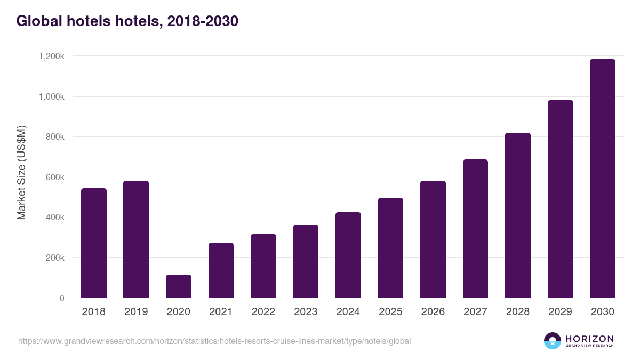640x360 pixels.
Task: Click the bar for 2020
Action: click(178, 286)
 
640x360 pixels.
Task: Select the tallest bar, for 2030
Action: click(603, 179)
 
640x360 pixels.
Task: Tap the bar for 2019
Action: click(136, 239)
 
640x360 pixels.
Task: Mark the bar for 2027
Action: click(475, 229)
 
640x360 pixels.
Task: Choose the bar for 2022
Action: click(263, 266)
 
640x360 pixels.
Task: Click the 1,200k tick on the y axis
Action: click(51, 57)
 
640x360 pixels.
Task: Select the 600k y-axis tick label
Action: click(54, 177)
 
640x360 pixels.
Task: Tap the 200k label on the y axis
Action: click(54, 258)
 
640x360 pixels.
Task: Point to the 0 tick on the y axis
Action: click(62, 298)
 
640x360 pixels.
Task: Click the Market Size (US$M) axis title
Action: click(21, 173)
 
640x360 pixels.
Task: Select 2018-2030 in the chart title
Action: click(202, 21)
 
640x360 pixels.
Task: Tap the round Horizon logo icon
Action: click(552, 341)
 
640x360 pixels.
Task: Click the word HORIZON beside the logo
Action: click(589, 339)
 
